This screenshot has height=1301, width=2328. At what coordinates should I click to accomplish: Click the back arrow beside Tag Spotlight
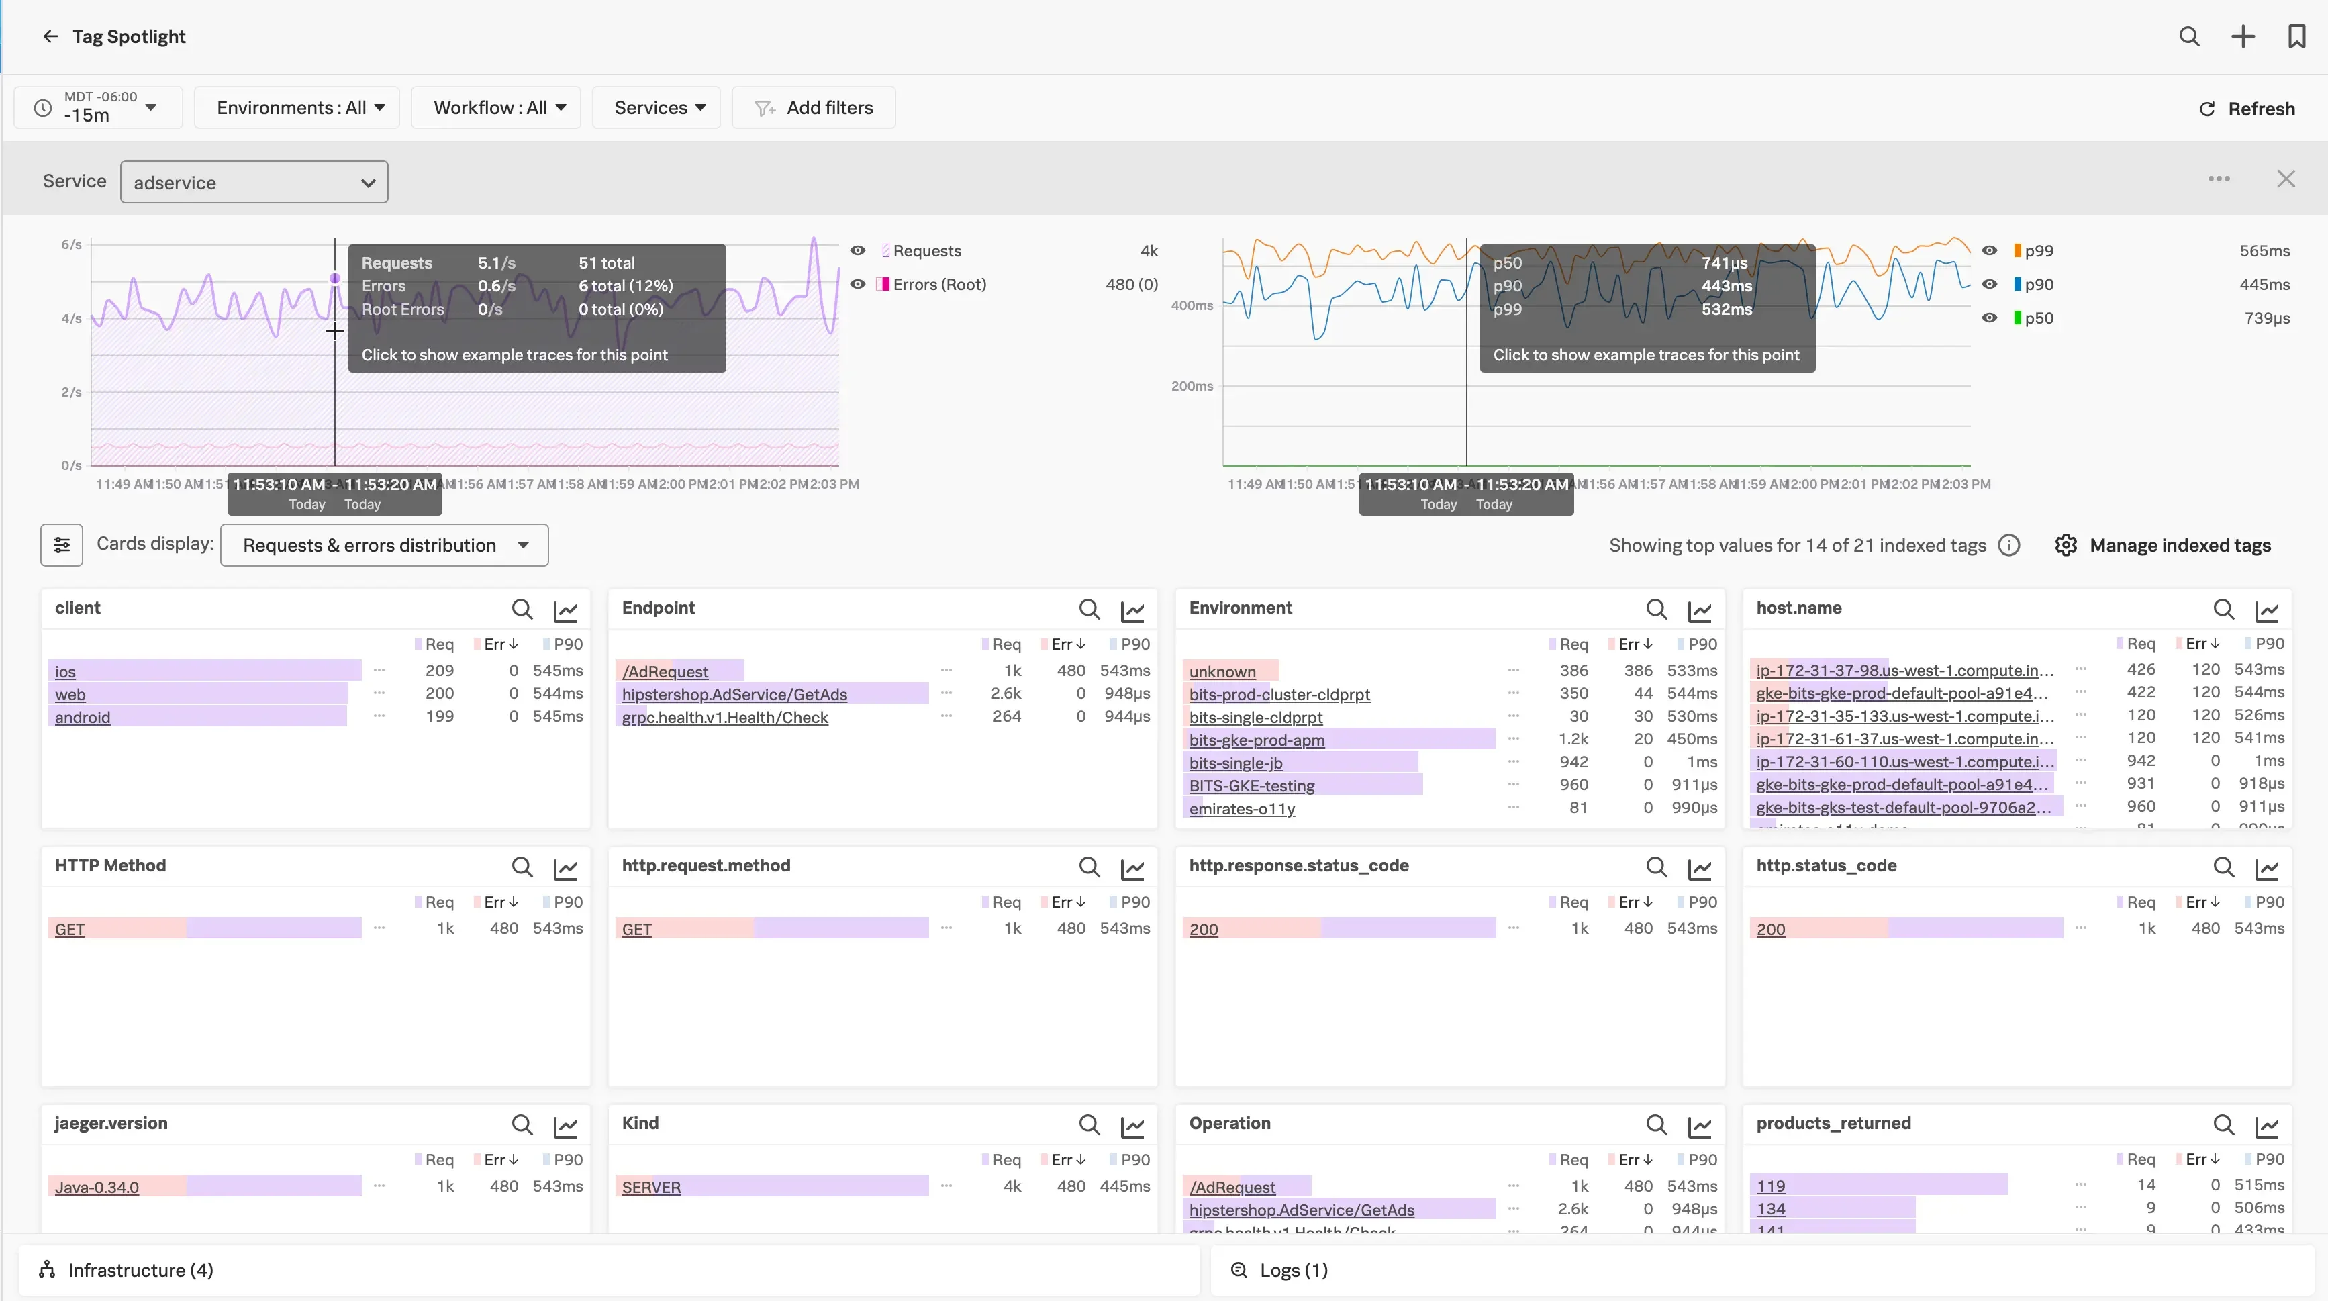pyautogui.click(x=50, y=36)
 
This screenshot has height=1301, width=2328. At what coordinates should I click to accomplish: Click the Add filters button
pyautogui.click(x=814, y=107)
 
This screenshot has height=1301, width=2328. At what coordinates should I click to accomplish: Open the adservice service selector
pyautogui.click(x=254, y=182)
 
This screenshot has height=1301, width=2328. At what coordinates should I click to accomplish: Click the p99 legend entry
pyautogui.click(x=2038, y=251)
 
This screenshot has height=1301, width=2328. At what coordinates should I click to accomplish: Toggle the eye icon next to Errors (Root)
pyautogui.click(x=858, y=285)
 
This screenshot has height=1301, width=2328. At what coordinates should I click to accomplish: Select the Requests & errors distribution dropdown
pyautogui.click(x=384, y=545)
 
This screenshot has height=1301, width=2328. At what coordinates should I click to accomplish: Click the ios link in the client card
pyautogui.click(x=65, y=671)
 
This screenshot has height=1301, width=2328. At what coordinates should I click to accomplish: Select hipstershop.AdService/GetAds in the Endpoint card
pyautogui.click(x=734, y=694)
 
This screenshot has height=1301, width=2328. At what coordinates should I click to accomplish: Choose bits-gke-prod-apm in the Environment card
pyautogui.click(x=1256, y=740)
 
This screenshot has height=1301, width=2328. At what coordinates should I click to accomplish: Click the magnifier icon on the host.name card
pyautogui.click(x=2223, y=610)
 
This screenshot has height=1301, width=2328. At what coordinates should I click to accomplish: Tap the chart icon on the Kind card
pyautogui.click(x=1132, y=1126)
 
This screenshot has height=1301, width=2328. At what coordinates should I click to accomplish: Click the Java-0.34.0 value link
pyautogui.click(x=97, y=1186)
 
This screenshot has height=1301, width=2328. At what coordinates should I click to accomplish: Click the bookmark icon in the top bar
pyautogui.click(x=2296, y=36)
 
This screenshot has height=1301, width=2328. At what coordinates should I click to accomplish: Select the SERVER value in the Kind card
pyautogui.click(x=650, y=1186)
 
